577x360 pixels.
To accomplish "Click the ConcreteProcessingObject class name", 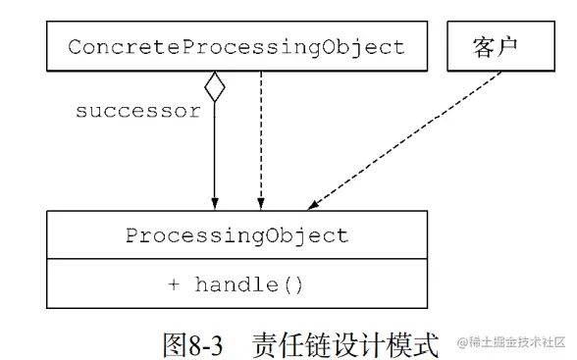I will tap(236, 47).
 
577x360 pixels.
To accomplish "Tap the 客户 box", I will tap(496, 47).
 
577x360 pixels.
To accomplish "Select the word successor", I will tap(137, 110).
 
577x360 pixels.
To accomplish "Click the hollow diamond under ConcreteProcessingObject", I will tap(214, 87).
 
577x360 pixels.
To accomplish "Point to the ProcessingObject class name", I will tap(236, 235).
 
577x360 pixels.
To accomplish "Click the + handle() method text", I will tap(236, 285).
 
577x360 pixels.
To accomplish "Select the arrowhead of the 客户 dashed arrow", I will tap(312, 204).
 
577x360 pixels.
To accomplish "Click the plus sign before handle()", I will tap(174, 285).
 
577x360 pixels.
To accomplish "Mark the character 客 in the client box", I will tap(484, 47).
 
